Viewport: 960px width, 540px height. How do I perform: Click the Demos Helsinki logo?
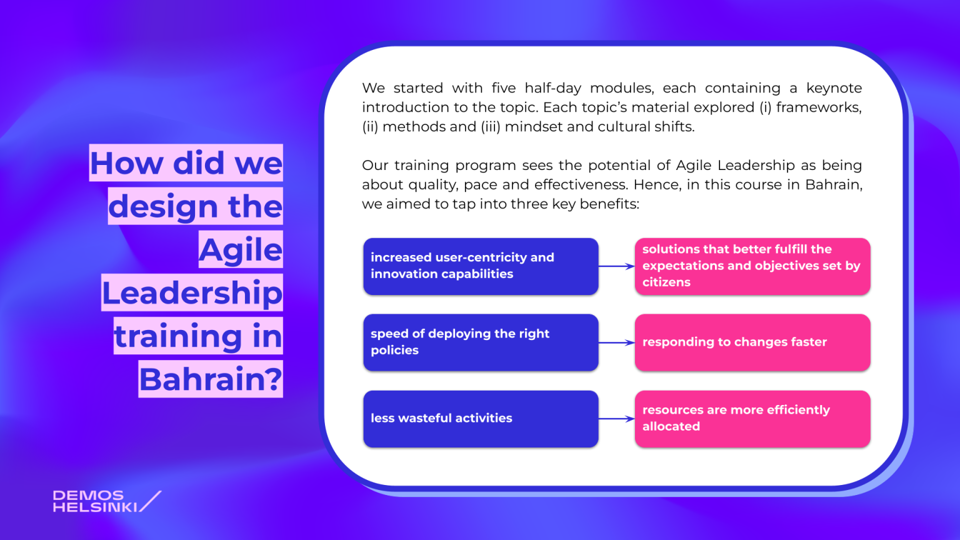coord(107,501)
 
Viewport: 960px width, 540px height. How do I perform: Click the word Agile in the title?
coord(241,250)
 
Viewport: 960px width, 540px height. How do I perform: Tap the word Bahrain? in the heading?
coord(211,379)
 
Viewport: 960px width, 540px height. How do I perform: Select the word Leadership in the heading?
coord(192,293)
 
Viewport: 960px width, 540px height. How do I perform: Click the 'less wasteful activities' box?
coord(481,419)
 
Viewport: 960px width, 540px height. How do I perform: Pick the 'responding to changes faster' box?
coord(752,342)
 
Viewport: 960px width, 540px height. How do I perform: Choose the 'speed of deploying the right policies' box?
coord(481,342)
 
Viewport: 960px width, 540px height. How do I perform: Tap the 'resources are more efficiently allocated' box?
coord(752,419)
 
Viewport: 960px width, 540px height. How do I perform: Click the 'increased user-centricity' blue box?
coord(481,266)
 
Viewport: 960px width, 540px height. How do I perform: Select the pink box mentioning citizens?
coord(752,266)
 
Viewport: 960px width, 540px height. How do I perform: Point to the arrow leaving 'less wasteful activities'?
coord(617,419)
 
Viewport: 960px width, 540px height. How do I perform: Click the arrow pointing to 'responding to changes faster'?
coord(617,342)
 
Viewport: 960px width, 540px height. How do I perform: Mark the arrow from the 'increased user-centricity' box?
coord(617,266)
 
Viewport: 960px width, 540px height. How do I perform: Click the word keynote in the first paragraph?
coord(834,88)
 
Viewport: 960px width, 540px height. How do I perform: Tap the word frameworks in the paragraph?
coord(819,107)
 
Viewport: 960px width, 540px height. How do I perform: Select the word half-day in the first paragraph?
coord(553,88)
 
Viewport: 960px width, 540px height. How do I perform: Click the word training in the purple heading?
coord(178,336)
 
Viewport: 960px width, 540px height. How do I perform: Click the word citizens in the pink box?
coord(666,282)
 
